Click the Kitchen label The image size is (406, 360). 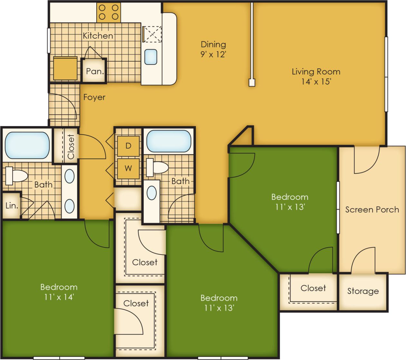click(x=98, y=35)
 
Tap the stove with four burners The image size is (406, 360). click(x=109, y=12)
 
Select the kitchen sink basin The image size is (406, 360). click(x=151, y=56)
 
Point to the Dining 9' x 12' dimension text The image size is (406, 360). click(x=213, y=54)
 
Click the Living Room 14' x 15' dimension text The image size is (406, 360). click(x=316, y=81)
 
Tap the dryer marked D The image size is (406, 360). click(x=128, y=146)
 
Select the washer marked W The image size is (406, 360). click(x=128, y=168)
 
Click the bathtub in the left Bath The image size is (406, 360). click(x=27, y=145)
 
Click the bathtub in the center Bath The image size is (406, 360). click(x=169, y=141)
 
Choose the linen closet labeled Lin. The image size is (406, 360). click(x=12, y=205)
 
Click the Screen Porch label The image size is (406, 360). click(x=372, y=209)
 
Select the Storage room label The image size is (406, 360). click(x=363, y=291)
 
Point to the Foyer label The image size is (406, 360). click(x=94, y=97)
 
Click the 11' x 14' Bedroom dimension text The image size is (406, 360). click(x=59, y=297)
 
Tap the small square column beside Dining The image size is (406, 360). click(x=252, y=83)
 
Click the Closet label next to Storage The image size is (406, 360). click(x=313, y=288)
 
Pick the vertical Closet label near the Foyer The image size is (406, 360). click(x=71, y=147)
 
